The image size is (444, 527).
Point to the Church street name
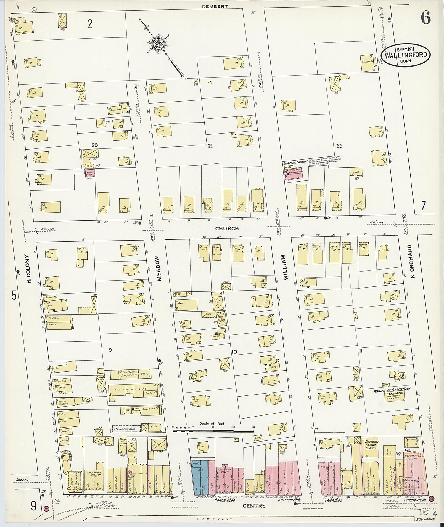(x=227, y=228)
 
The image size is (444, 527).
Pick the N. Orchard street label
(x=412, y=261)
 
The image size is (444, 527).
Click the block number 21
(x=210, y=145)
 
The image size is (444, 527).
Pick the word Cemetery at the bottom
(x=215, y=519)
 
